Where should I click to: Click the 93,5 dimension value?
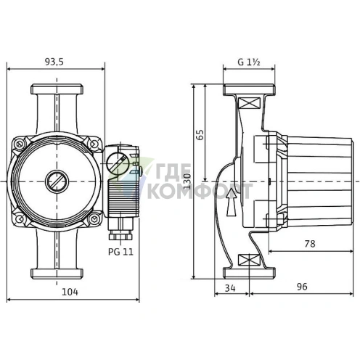point(55,62)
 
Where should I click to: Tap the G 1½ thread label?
point(249,63)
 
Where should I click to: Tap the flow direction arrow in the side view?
point(231,202)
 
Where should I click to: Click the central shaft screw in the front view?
point(55,181)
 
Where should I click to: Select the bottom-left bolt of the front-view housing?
point(20,216)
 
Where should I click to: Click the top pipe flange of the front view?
point(55,93)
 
